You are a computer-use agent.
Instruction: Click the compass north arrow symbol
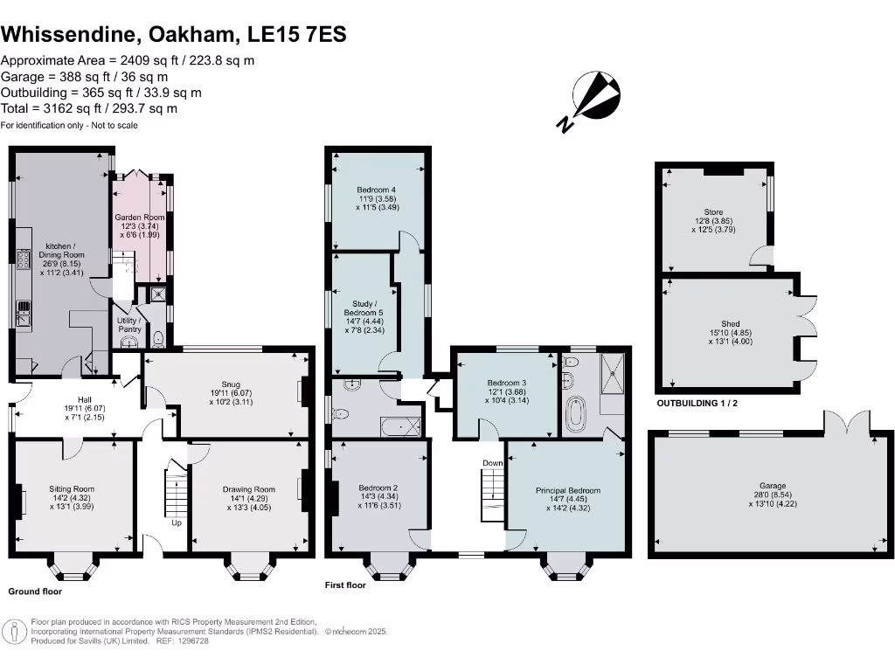click(x=590, y=100)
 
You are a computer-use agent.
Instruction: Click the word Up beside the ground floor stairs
click(x=177, y=522)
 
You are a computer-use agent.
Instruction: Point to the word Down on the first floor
click(x=493, y=463)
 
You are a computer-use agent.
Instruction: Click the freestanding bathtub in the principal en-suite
click(x=576, y=414)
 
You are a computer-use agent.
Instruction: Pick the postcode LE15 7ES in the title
click(x=297, y=34)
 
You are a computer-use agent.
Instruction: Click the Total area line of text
click(x=89, y=108)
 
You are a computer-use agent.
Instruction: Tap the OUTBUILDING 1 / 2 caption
click(x=697, y=404)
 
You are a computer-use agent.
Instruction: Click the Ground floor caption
click(x=35, y=591)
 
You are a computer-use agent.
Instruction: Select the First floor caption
click(x=345, y=585)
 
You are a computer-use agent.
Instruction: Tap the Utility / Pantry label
click(x=129, y=325)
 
